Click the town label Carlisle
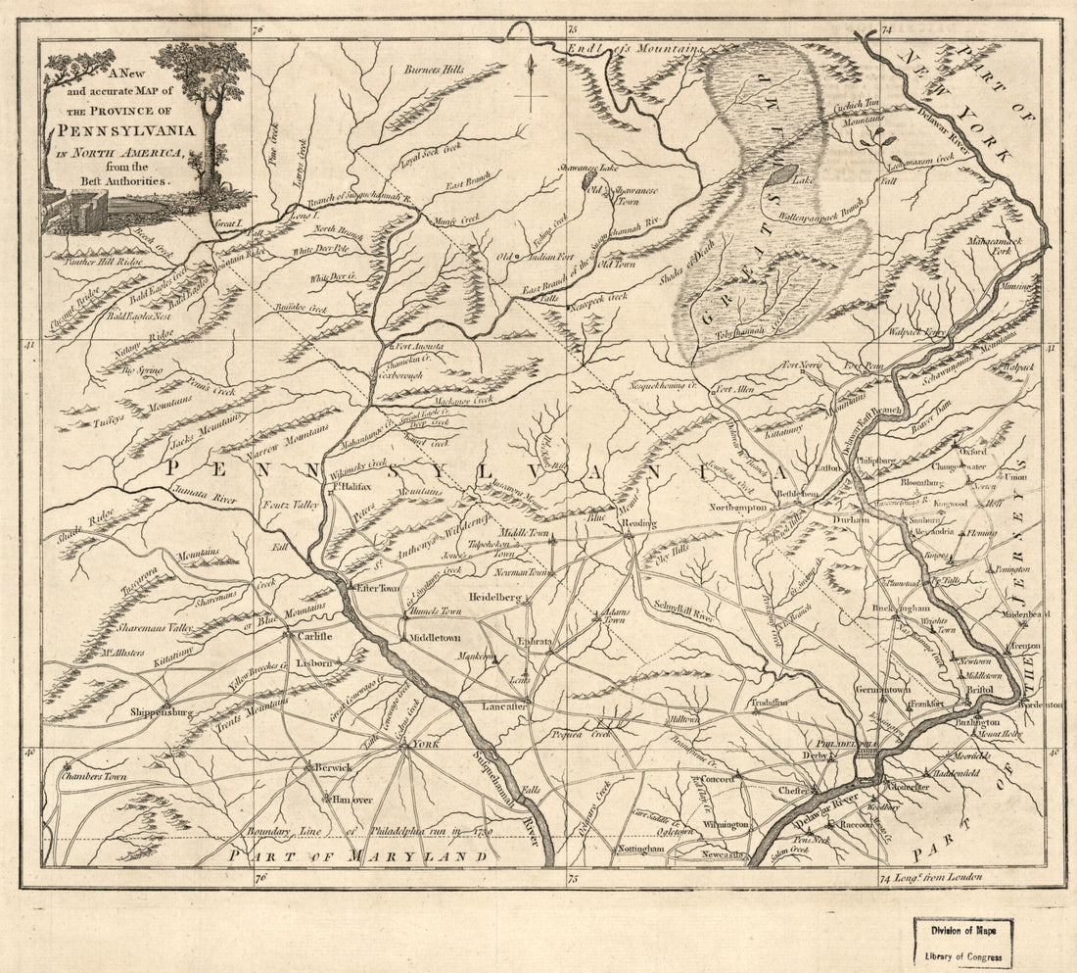coord(311,636)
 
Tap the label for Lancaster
coord(505,705)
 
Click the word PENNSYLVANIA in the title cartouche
coord(139,130)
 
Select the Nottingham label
coord(641,849)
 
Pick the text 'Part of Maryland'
coord(356,856)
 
